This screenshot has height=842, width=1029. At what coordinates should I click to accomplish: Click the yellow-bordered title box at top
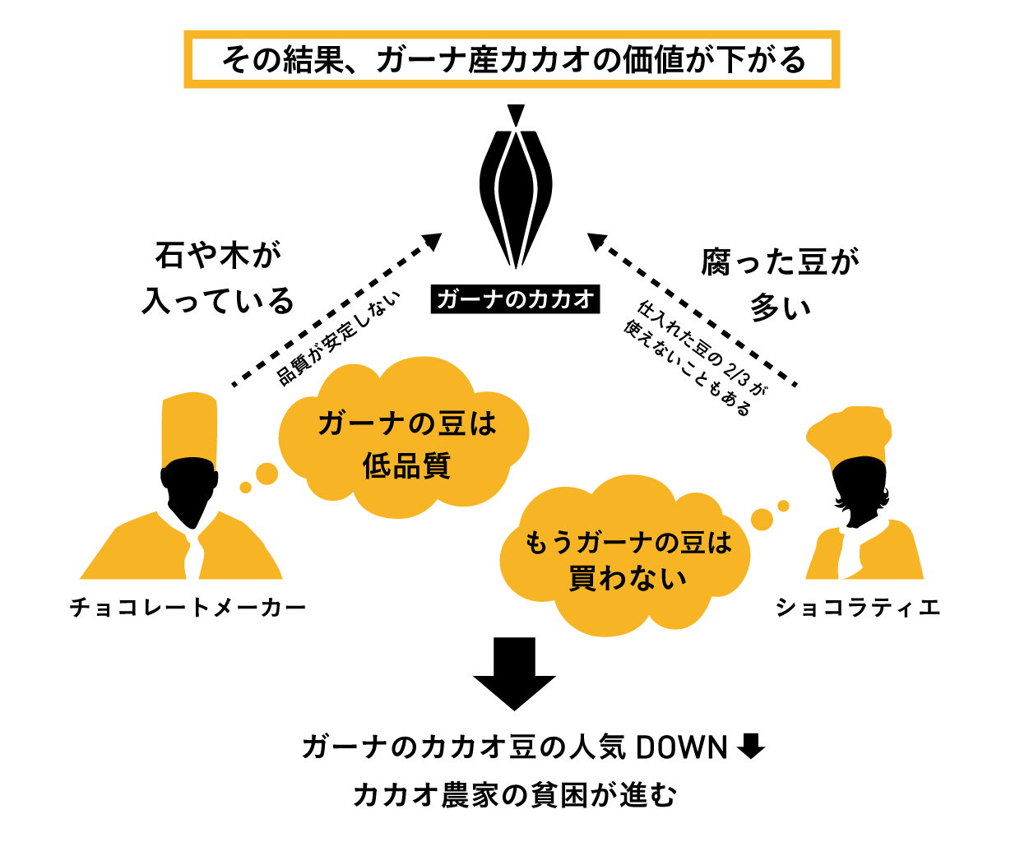coord(512,59)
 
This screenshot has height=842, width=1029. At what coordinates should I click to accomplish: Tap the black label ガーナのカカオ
coord(515,299)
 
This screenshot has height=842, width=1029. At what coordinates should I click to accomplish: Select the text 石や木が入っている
coord(218,278)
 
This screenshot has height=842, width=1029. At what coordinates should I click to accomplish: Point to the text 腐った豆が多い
coord(780,285)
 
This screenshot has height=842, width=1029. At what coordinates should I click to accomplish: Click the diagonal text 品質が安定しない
coord(339,338)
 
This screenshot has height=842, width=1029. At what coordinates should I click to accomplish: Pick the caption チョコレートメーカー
coord(188,608)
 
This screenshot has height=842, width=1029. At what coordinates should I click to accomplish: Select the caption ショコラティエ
coord(858,608)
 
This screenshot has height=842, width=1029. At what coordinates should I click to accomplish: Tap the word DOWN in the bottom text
coord(682,747)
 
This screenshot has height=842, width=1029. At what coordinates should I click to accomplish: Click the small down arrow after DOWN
coord(751,747)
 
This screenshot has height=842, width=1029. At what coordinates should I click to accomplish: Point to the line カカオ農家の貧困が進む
coord(515,795)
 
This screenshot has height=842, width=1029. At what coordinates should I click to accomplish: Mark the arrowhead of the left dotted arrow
coord(433,242)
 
